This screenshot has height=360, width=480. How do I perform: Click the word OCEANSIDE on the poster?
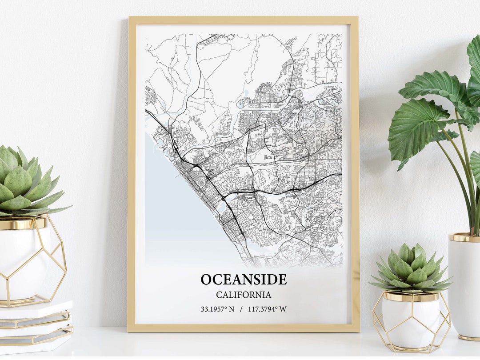244,280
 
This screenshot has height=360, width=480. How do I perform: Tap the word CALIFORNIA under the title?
244,295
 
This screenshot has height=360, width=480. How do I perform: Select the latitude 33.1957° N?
217,309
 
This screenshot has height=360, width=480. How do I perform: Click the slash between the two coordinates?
241,309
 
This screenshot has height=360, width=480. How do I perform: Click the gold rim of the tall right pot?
464,237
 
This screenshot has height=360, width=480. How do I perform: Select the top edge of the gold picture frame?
243,20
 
